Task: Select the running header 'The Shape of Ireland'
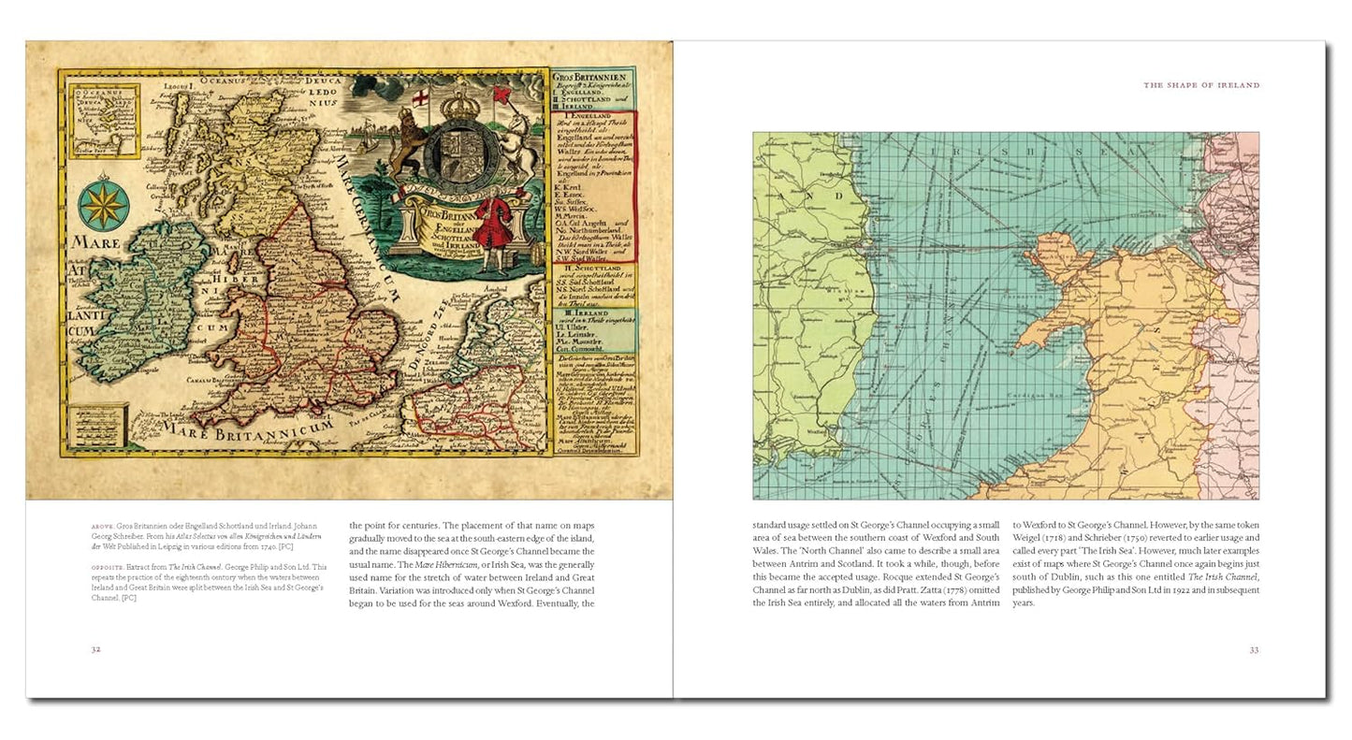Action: click(1201, 85)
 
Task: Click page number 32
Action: click(95, 649)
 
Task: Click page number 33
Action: click(1253, 649)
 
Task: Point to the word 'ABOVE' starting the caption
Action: click(102, 527)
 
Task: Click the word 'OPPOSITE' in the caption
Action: click(108, 567)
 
